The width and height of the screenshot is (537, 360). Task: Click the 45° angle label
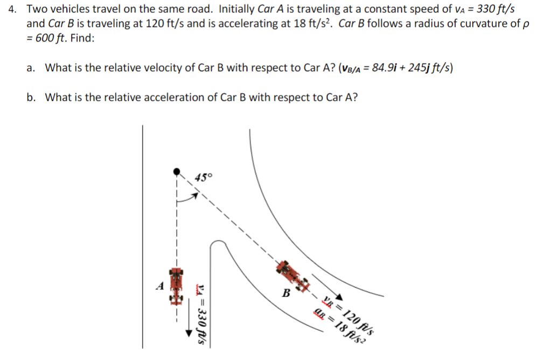[204, 177]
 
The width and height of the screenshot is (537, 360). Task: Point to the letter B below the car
[287, 294]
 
